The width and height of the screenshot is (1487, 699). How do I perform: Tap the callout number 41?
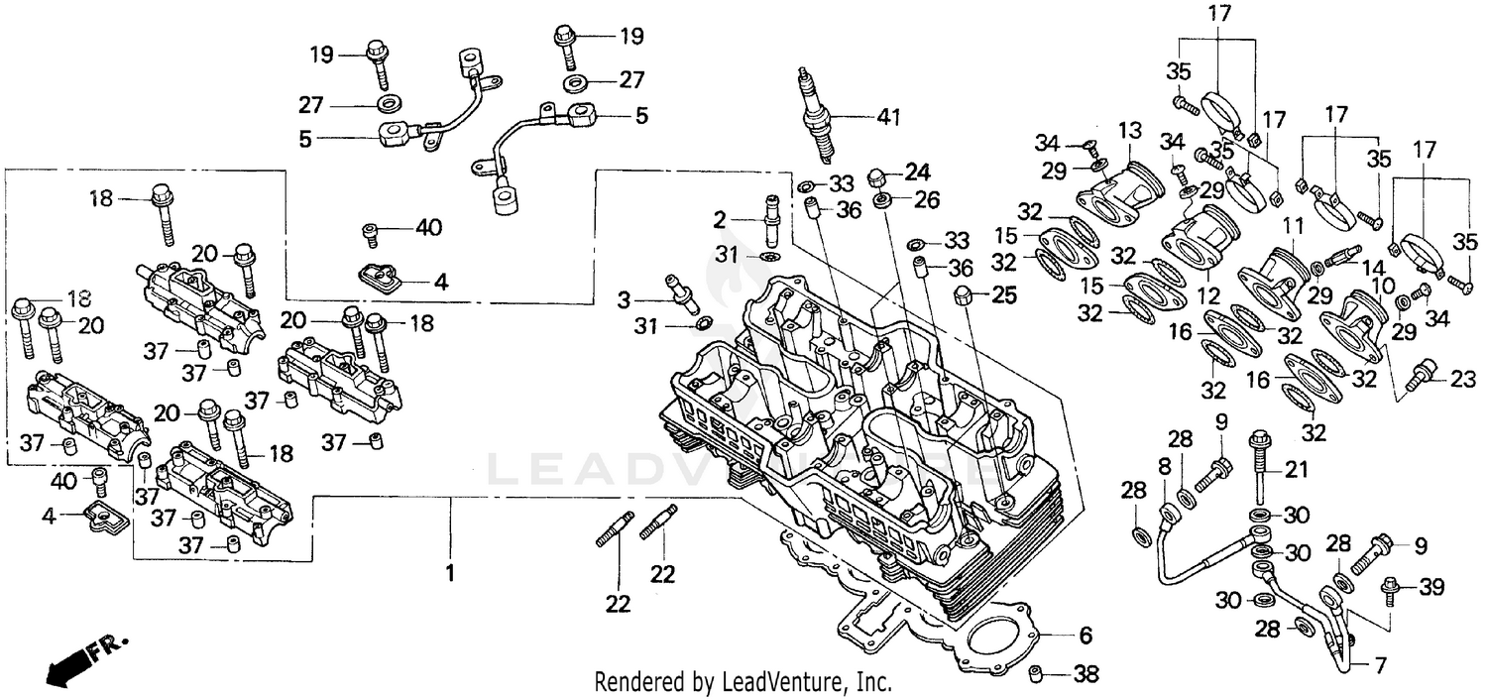[x=888, y=118]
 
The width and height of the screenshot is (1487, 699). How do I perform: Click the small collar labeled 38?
[x=1035, y=674]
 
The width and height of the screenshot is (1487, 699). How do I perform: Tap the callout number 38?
[x=1087, y=675]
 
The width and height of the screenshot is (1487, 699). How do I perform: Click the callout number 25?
[x=1004, y=294]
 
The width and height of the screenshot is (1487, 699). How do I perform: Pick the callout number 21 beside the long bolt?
[x=1297, y=469]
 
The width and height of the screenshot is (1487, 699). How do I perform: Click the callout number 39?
[x=1430, y=588]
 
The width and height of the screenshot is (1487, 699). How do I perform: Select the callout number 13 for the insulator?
[x=1130, y=131]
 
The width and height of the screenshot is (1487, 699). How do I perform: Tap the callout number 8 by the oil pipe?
[x=1164, y=465]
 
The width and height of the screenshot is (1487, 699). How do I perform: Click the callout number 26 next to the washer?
[x=927, y=200]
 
